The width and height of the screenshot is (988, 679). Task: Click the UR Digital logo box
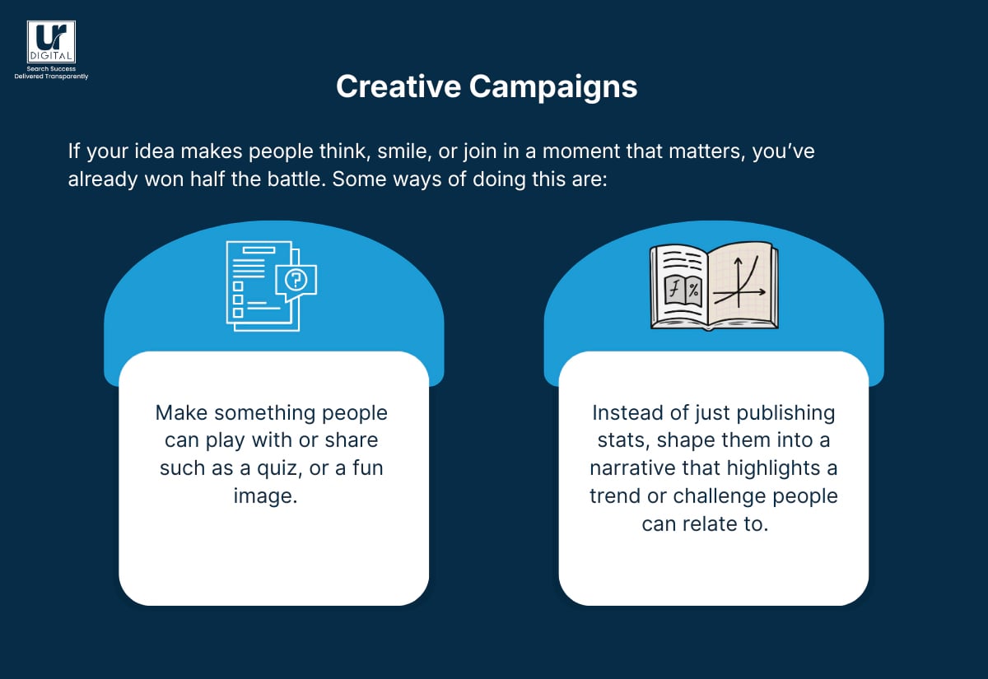point(51,42)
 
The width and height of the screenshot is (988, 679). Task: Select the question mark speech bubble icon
point(295,281)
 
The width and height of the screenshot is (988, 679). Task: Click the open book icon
point(713,286)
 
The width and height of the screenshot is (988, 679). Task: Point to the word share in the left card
point(349,441)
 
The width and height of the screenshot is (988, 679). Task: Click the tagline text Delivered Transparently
point(51,77)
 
